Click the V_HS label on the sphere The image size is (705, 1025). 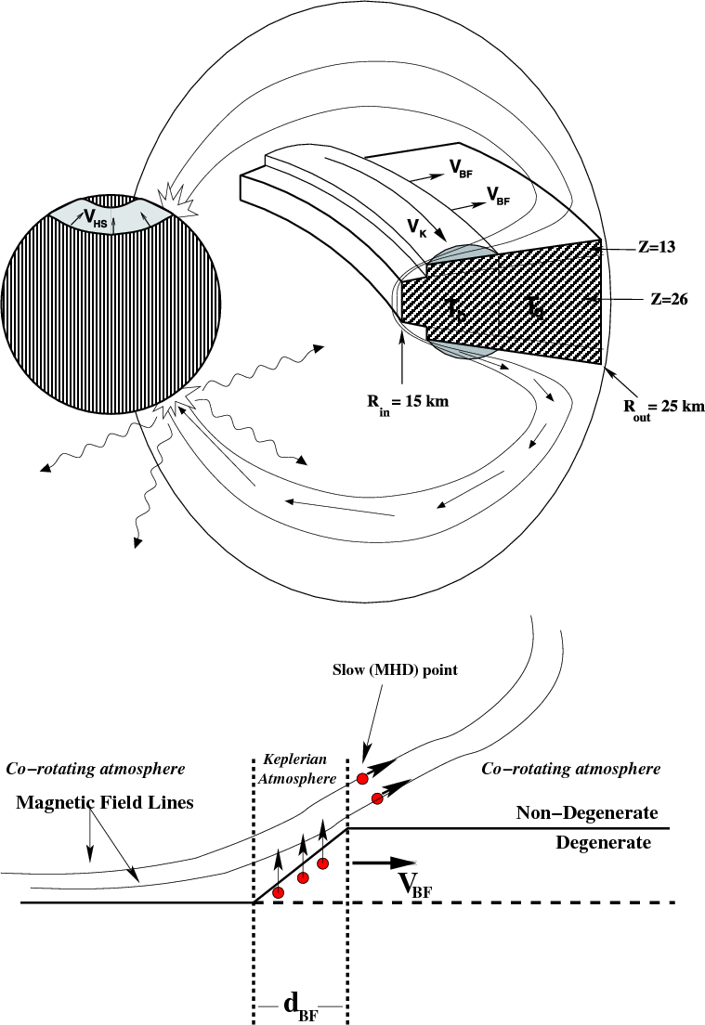click(x=94, y=217)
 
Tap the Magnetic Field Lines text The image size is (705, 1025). click(x=104, y=803)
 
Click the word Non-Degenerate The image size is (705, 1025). click(x=587, y=813)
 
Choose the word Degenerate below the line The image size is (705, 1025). click(x=604, y=843)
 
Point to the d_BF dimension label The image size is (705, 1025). click(x=299, y=1003)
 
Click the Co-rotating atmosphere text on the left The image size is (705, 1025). click(x=96, y=770)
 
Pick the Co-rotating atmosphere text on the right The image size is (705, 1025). click(x=571, y=770)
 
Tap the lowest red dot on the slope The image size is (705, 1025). click(x=278, y=892)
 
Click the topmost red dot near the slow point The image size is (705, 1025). click(x=360, y=778)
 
